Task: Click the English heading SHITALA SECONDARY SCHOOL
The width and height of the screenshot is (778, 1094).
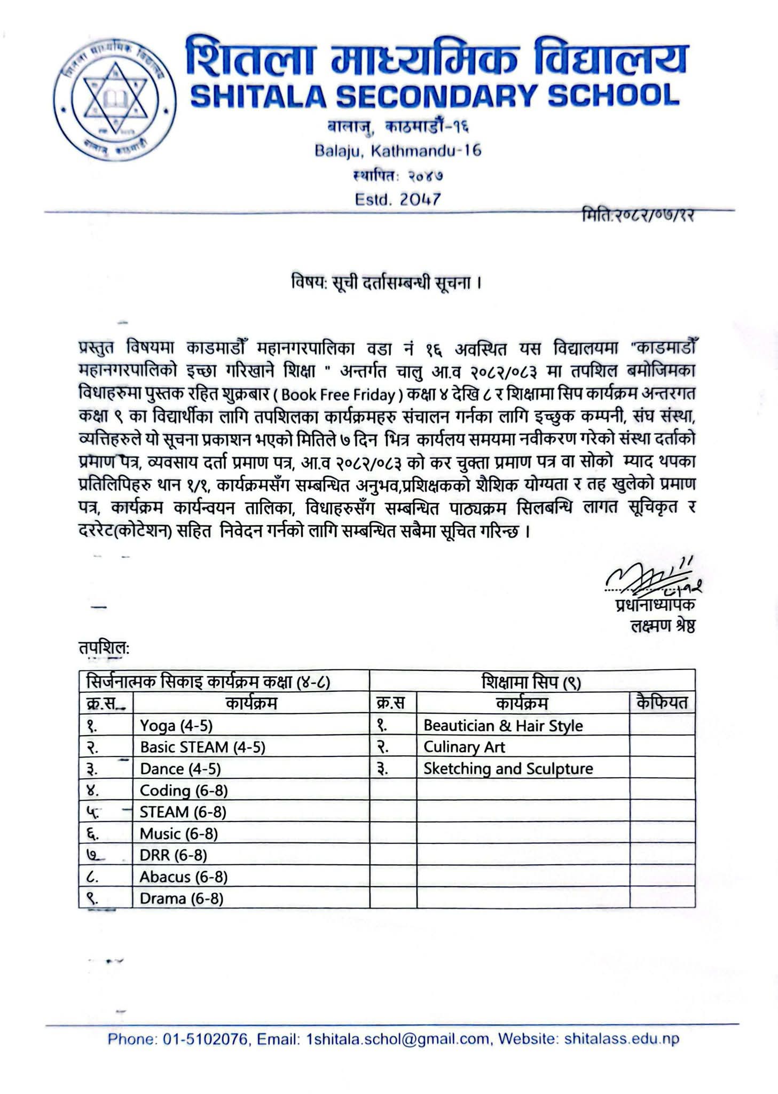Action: click(434, 96)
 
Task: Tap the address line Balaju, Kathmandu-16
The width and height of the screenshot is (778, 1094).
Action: click(398, 151)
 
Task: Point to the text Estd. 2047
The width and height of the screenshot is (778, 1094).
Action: click(398, 199)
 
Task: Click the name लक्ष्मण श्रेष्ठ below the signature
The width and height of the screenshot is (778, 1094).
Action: click(663, 626)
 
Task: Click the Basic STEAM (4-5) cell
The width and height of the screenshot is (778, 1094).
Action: click(202, 747)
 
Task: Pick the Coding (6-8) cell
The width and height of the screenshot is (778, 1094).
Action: click(184, 790)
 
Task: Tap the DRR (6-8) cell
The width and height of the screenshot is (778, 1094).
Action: click(173, 855)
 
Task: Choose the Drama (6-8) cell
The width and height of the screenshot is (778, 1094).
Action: click(182, 898)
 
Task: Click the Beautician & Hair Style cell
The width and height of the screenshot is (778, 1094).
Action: click(503, 725)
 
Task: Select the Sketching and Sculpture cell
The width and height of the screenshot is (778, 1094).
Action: click(508, 769)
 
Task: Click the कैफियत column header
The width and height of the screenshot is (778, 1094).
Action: click(662, 703)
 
